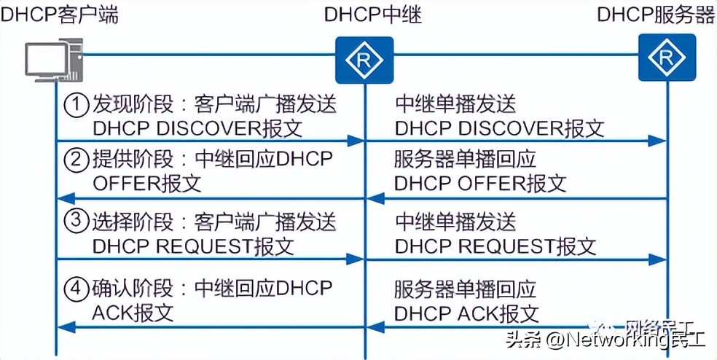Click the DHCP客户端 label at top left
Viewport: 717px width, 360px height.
59,15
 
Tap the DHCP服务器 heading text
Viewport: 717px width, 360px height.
656,15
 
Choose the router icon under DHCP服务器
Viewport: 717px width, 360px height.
666,59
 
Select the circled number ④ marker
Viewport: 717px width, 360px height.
77,289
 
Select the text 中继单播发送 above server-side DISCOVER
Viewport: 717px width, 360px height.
455,104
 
